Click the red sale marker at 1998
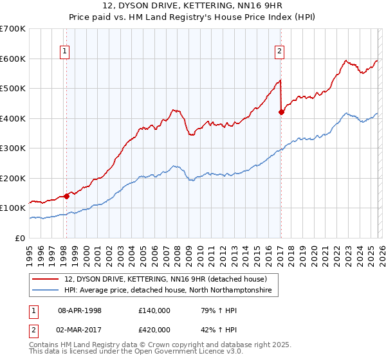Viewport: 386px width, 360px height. pyautogui.click(x=66, y=196)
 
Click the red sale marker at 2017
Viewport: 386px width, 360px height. pyautogui.click(x=281, y=112)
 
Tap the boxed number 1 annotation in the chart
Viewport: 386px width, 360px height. pyautogui.click(x=66, y=53)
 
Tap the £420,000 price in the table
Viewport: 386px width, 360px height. pyautogui.click(x=154, y=330)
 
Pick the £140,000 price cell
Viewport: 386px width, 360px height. pyautogui.click(x=154, y=310)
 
